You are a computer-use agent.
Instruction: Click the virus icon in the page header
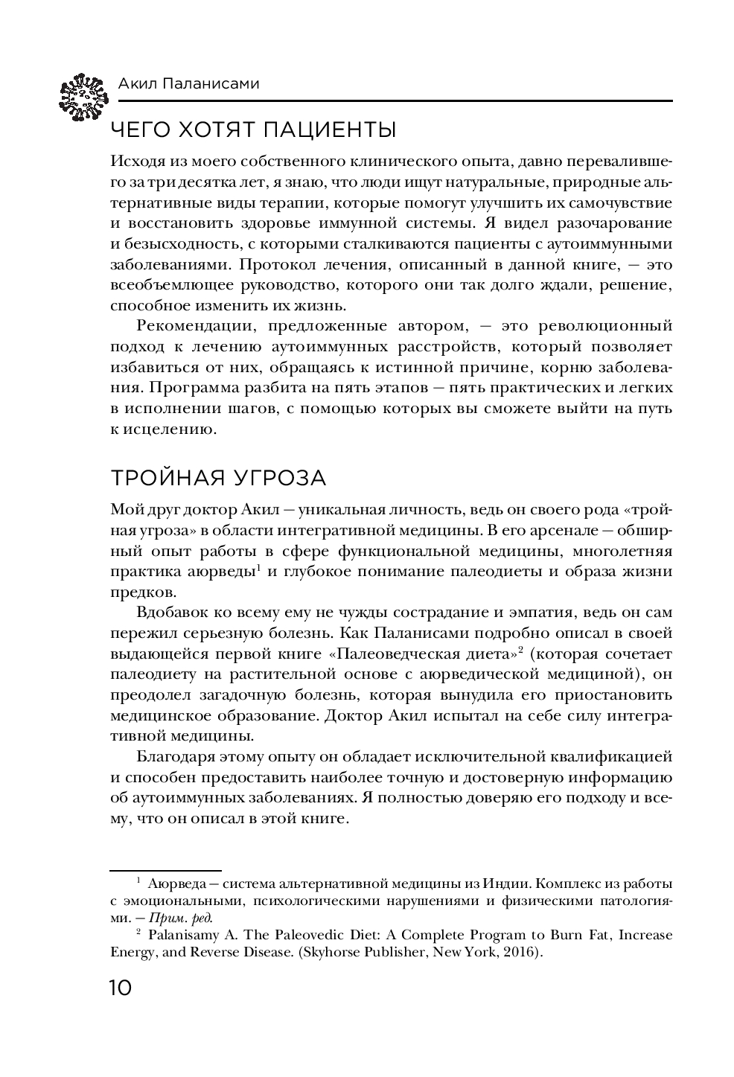pos(80,96)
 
